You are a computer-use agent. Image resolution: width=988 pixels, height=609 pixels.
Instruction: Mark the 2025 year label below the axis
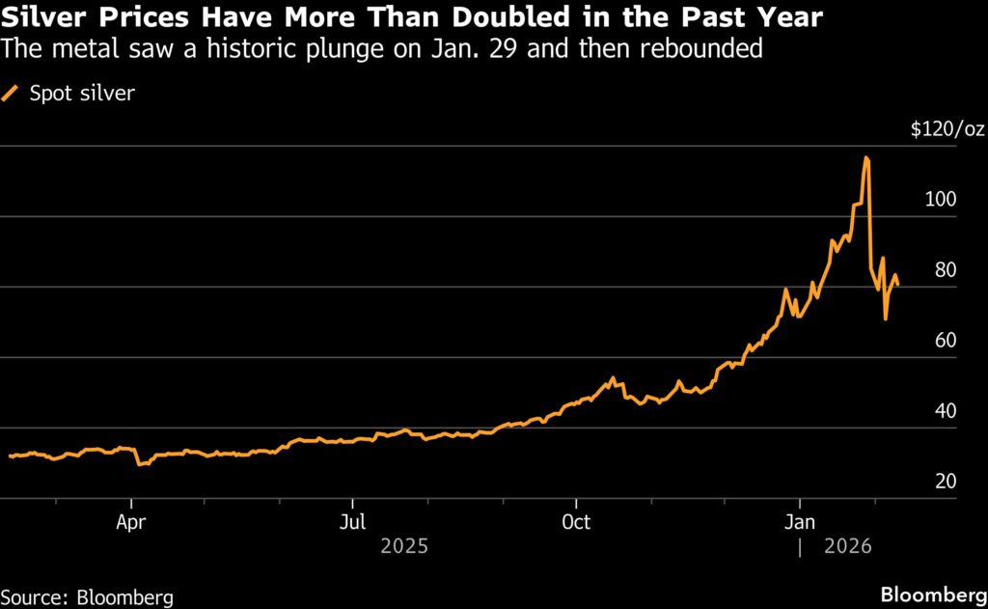point(404,546)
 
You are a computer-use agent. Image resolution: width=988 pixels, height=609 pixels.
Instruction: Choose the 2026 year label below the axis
point(848,546)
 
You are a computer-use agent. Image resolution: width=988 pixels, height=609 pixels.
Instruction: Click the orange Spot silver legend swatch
point(12,94)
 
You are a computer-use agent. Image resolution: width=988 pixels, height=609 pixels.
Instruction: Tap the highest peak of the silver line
point(866,157)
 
